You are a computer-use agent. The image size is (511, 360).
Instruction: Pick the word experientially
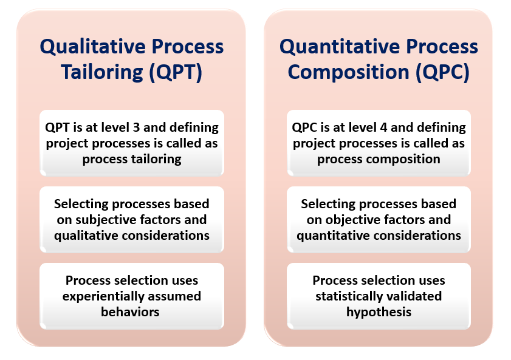point(106,296)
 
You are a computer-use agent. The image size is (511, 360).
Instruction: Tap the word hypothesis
point(379,312)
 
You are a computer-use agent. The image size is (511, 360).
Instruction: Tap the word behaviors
point(131,312)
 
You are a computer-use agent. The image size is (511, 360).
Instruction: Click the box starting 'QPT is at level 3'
point(132,143)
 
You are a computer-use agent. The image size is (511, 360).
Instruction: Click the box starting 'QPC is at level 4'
point(379,143)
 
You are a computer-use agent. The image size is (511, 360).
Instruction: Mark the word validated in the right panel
point(415,296)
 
